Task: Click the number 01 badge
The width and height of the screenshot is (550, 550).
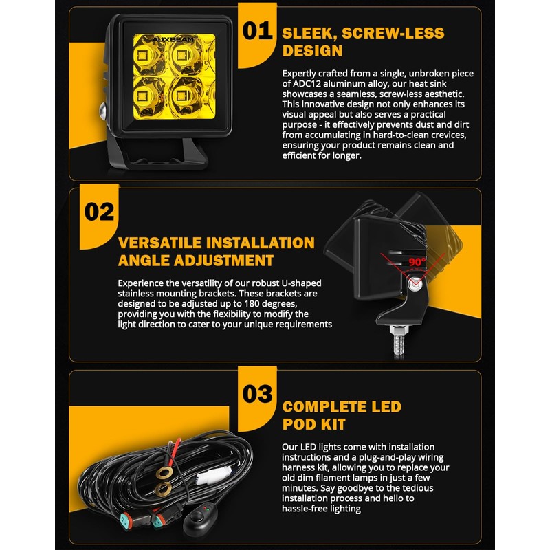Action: [257, 30]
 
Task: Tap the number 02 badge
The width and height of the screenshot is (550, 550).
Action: [99, 212]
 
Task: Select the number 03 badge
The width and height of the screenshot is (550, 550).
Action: [257, 393]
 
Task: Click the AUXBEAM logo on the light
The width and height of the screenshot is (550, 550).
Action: [174, 39]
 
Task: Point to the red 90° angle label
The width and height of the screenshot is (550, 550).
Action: [417, 262]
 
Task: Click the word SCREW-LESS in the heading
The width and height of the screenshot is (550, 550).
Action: [393, 33]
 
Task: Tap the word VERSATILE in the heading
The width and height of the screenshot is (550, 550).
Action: [159, 243]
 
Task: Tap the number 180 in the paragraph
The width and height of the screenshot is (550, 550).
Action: [252, 303]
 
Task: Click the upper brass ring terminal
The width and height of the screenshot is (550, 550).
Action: [164, 473]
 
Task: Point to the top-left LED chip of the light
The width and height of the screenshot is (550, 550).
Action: [142, 56]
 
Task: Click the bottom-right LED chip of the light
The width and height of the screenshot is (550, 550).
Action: [181, 96]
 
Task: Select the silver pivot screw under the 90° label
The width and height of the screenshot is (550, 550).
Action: [415, 283]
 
